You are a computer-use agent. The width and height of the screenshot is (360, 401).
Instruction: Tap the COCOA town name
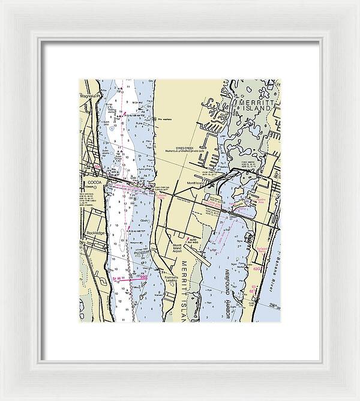(x=95, y=181)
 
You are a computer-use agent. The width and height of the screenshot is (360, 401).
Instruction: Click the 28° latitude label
(x=274, y=306)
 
